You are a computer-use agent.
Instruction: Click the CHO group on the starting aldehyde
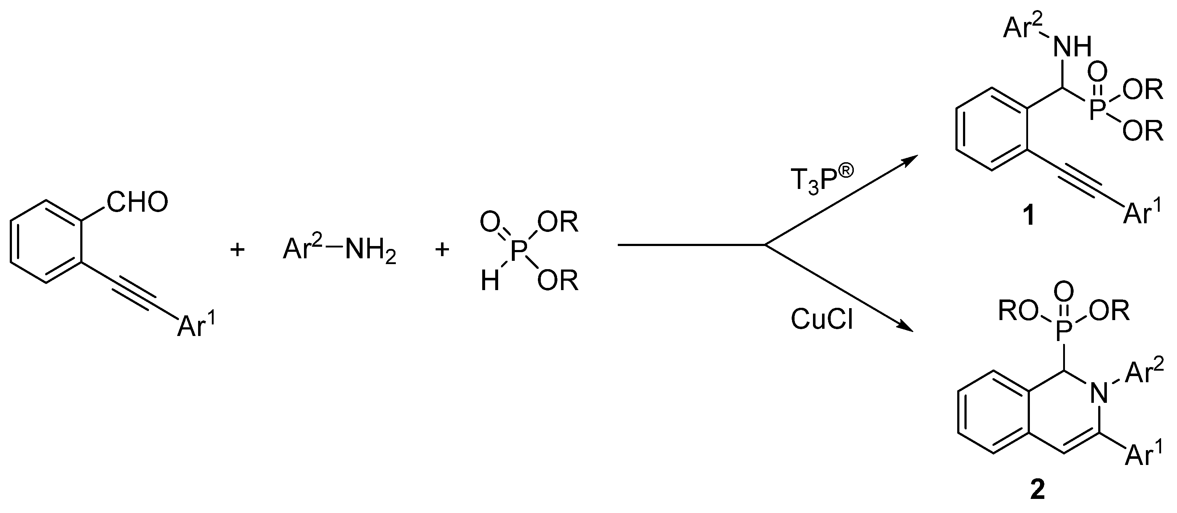pyautogui.click(x=137, y=202)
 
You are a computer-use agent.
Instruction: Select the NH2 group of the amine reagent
pyautogui.click(x=371, y=251)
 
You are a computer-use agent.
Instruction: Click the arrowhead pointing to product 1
pyautogui.click(x=909, y=160)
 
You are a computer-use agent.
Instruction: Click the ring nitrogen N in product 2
pyautogui.click(x=1099, y=393)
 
